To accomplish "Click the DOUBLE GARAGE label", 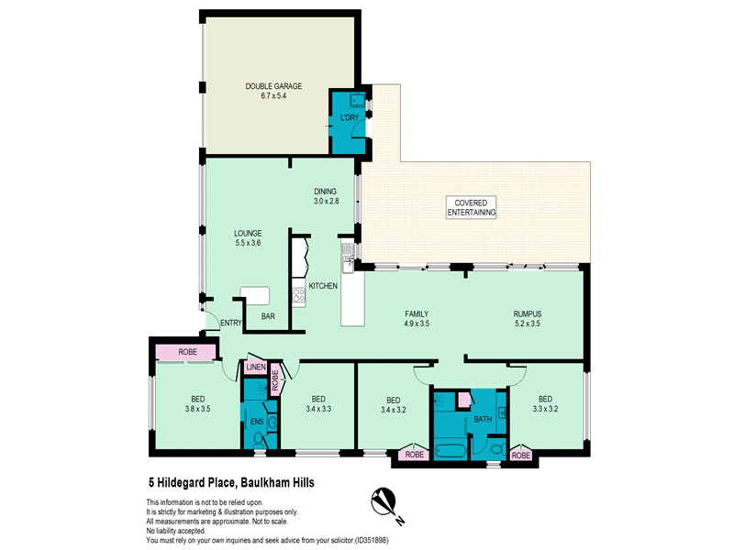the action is coord(273,91).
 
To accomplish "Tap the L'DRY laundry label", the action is coord(350,117).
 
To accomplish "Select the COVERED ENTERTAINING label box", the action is coord(471,208).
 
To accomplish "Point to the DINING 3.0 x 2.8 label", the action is coord(326,196).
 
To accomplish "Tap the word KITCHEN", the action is coord(323,286).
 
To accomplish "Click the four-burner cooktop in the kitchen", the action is coord(299,295).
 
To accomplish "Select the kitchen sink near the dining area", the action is coord(348,258).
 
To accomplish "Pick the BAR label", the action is coord(268,316).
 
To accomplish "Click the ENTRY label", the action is coord(231,323).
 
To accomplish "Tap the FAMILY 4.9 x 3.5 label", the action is coord(417,318).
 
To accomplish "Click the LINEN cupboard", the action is coord(256,368).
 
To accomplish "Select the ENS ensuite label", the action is coord(257,422).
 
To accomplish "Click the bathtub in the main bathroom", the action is coord(450,451).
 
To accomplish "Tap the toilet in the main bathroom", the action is coord(497,449).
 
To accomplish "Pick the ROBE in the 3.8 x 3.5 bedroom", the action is coord(187,352).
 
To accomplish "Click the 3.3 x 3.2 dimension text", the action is coord(545,409).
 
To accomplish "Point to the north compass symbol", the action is coord(386,504).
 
